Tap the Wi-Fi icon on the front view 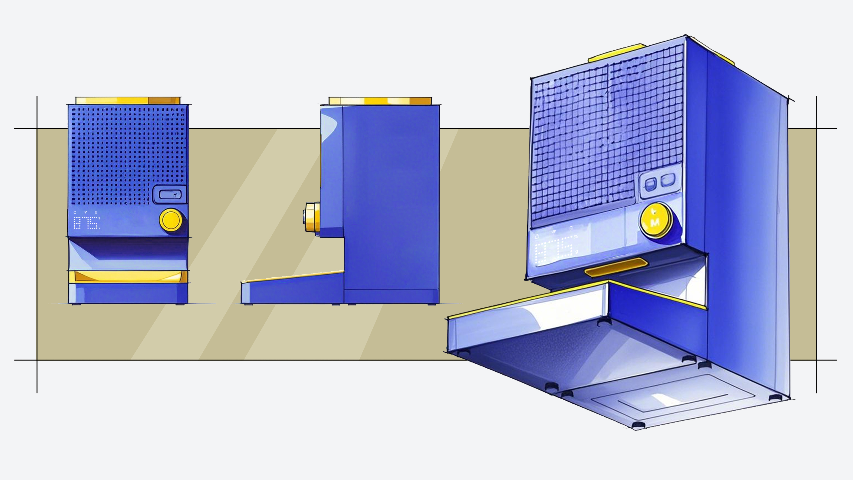click(85, 212)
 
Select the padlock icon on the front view click(75, 212)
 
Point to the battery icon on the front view click(96, 212)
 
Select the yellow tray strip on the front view click(128, 277)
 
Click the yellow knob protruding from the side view click(311, 217)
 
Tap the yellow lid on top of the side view click(380, 101)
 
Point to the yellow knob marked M click(655, 220)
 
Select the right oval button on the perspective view click(668, 180)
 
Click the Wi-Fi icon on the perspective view click(554, 232)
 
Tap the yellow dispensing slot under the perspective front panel click(616, 268)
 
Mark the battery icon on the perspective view click(571, 228)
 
